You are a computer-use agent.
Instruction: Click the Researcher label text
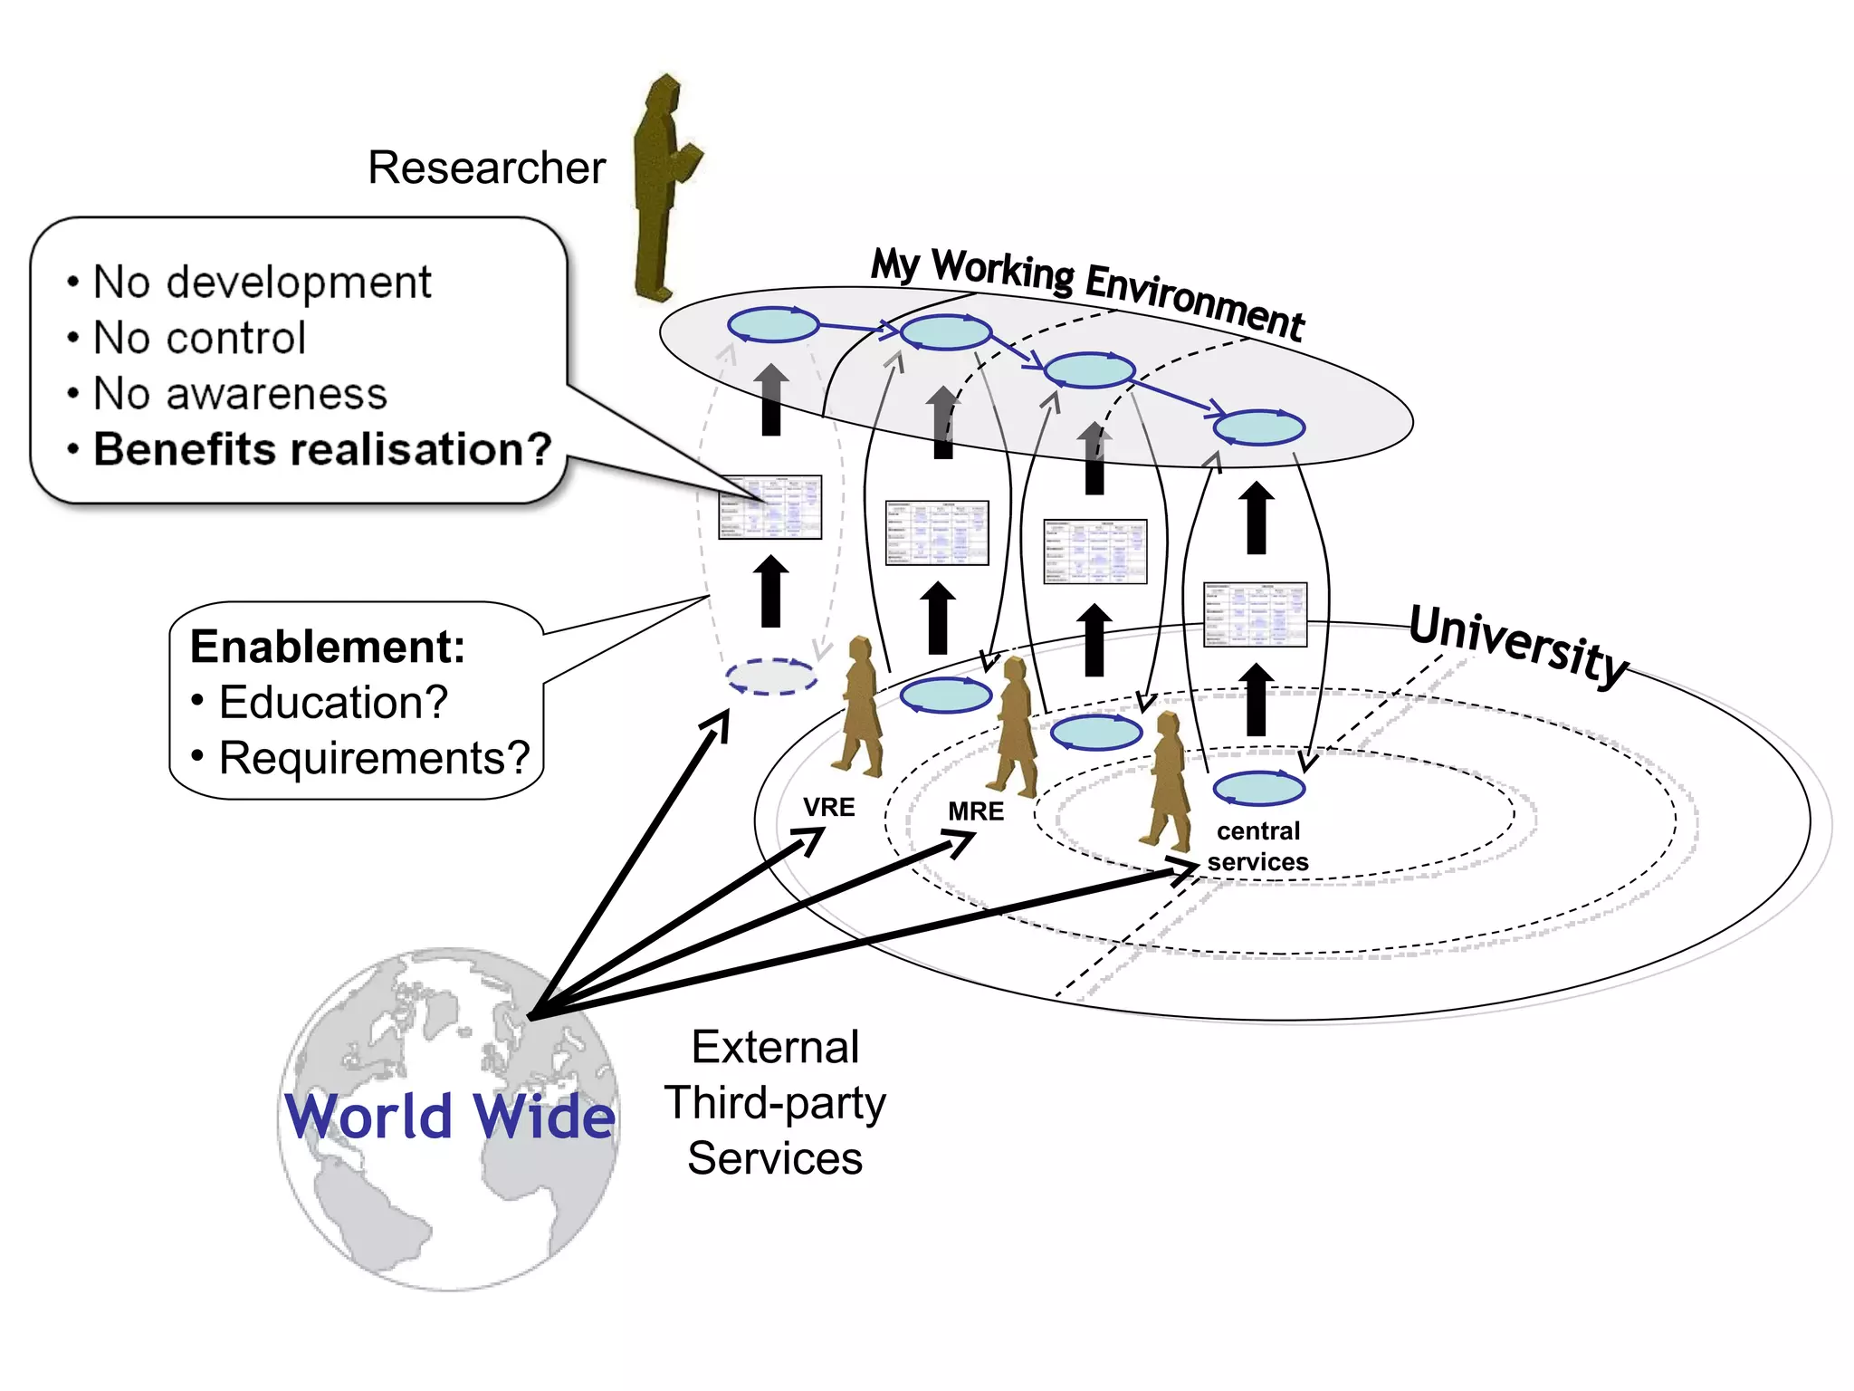pyautogui.click(x=486, y=168)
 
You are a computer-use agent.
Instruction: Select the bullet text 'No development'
pyautogui.click(x=262, y=283)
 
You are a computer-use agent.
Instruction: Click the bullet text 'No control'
pyautogui.click(x=199, y=339)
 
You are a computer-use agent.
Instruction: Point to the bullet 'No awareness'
pyautogui.click(x=240, y=394)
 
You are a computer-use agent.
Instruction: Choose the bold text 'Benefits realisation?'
pyautogui.click(x=322, y=449)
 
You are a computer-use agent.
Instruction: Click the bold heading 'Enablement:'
pyautogui.click(x=328, y=647)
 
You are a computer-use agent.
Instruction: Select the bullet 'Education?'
pyautogui.click(x=333, y=703)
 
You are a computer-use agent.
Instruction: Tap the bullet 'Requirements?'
pyautogui.click(x=374, y=758)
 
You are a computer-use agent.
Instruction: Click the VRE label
pyautogui.click(x=828, y=807)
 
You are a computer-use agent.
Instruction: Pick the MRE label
pyautogui.click(x=976, y=811)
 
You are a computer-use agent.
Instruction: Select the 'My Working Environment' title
pyautogui.click(x=1086, y=292)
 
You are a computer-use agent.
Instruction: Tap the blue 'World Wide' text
pyautogui.click(x=450, y=1116)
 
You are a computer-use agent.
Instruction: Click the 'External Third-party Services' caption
pyautogui.click(x=775, y=1102)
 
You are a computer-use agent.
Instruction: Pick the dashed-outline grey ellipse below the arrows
pyautogui.click(x=771, y=676)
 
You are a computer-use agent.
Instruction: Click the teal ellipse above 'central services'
pyautogui.click(x=1258, y=788)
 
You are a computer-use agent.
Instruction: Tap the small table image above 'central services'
pyautogui.click(x=1255, y=614)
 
